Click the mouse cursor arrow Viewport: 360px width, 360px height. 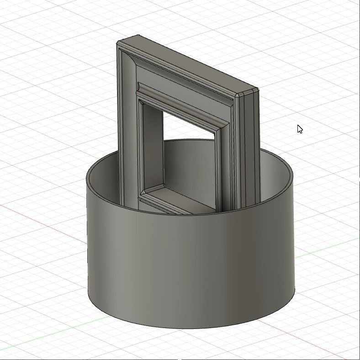(299, 129)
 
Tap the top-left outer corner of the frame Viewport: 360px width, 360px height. (118, 43)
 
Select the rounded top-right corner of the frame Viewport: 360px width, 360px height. (238, 95)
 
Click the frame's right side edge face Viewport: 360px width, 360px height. (251, 146)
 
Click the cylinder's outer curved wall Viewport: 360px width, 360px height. (192, 265)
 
